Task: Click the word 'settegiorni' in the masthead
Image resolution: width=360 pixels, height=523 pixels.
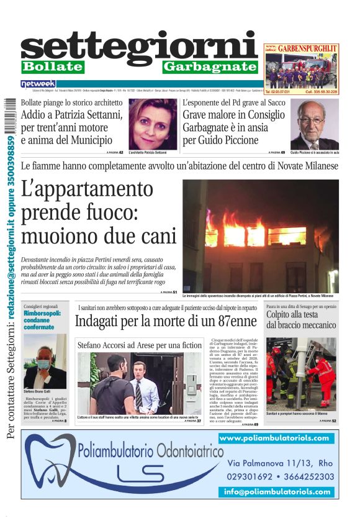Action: [x=138, y=47]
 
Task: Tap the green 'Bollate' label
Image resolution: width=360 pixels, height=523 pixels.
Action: [x=52, y=66]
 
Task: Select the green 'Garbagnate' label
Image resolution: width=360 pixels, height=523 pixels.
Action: [x=210, y=66]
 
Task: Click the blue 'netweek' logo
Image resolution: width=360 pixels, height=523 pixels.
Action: [x=38, y=83]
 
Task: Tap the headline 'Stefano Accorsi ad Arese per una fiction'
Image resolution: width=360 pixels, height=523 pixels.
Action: [x=139, y=345]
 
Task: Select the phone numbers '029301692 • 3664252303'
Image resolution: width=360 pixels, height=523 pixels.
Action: [x=281, y=477]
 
